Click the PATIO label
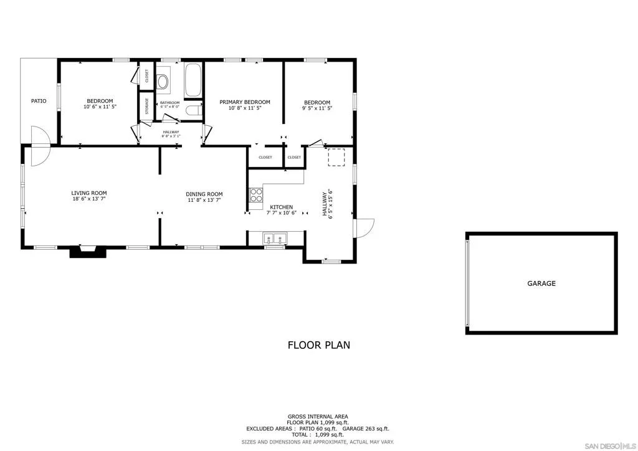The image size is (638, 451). click(39, 101)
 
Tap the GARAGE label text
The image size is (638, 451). click(541, 283)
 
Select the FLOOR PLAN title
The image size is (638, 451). click(318, 345)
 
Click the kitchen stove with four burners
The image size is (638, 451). click(256, 195)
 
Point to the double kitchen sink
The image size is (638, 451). click(275, 239)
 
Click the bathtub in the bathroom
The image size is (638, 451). click(193, 80)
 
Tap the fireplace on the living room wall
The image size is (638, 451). click(88, 251)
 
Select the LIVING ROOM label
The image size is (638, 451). click(89, 193)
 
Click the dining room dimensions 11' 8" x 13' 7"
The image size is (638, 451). click(204, 200)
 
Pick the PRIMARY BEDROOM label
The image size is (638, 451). click(244, 102)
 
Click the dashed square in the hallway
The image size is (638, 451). click(336, 158)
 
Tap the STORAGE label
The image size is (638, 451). click(147, 106)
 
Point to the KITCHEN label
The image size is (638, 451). click(281, 207)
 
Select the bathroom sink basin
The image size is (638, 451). click(163, 82)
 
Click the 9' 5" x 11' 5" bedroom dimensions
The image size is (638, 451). click(317, 108)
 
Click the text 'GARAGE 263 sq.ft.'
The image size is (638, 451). click(365, 429)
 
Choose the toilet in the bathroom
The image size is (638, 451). click(193, 110)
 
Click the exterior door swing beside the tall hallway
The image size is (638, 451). click(365, 228)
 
